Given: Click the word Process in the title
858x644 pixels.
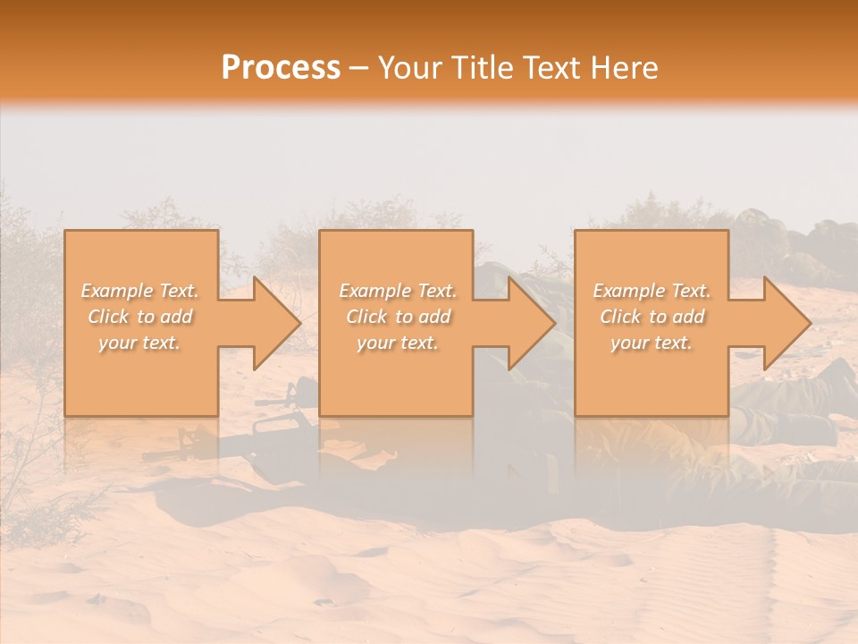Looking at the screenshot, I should click(281, 67).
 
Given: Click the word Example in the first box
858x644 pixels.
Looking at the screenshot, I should click(115, 291).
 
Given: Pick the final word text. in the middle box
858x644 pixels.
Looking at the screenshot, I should click(418, 343).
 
